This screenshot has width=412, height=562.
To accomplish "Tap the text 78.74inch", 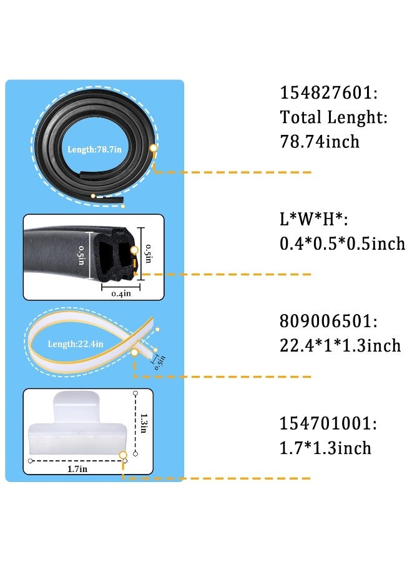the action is pos(320,142).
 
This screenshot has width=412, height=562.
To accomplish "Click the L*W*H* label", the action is pos(313,219).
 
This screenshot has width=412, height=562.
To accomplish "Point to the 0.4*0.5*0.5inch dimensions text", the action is pos(342,244).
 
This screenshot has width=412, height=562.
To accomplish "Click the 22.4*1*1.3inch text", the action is pos(340,345).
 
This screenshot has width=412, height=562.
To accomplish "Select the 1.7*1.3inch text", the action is pos(325,448).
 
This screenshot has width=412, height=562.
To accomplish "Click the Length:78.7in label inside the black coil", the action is pos(95,149).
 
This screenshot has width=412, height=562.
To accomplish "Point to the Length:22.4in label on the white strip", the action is pos(76,344).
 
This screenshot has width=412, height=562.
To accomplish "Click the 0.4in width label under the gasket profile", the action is pos(121,294).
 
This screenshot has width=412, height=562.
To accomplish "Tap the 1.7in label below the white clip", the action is pos(77,469).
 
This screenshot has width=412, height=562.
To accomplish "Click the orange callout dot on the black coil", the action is pos(154,147).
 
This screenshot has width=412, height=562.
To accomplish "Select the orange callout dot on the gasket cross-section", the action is pos(134,250).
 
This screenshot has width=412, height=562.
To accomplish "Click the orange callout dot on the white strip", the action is pos(134,352).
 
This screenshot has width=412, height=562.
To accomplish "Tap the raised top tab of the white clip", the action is pos(76,406).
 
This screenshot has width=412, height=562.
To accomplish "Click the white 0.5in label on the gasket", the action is pos(81,255).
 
